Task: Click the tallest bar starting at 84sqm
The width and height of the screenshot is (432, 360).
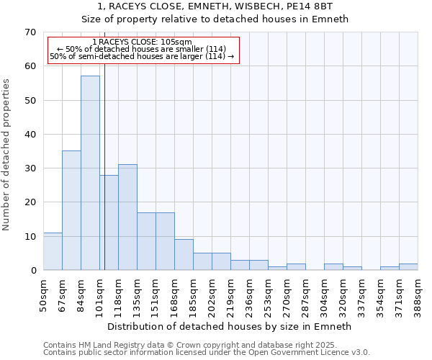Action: (x=90, y=173)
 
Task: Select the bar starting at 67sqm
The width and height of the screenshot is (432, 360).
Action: (x=71, y=210)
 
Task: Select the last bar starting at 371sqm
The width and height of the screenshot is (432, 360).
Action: (x=408, y=266)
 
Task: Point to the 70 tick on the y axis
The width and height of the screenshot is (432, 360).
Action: (x=30, y=32)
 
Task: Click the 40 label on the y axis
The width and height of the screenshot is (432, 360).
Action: (x=30, y=135)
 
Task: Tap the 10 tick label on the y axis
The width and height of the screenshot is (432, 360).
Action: (x=30, y=236)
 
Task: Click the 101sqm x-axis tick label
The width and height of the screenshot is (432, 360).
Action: (x=100, y=294)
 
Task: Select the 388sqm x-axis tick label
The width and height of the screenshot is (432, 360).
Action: (x=418, y=294)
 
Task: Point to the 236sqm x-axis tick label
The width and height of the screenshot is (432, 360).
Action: (x=250, y=294)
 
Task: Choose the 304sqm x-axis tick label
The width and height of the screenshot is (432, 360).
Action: (x=325, y=294)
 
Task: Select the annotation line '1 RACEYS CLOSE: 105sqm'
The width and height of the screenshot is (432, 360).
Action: (x=143, y=42)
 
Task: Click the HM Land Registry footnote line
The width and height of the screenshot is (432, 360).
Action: (x=205, y=345)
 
